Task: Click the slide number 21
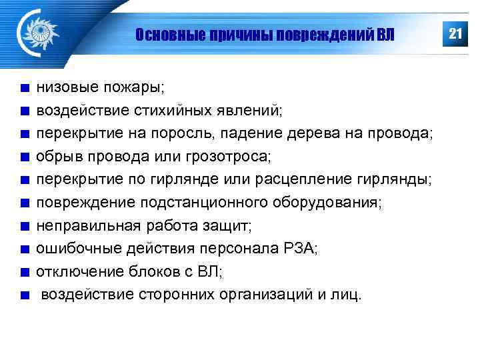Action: tap(455, 33)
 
